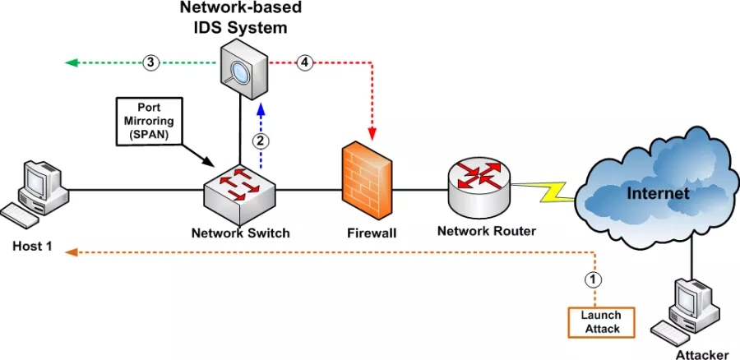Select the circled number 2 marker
coord(260,140)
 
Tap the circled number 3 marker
coord(150,62)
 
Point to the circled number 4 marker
coord(305,62)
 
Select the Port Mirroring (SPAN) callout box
coord(149,122)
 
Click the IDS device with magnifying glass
coord(243,70)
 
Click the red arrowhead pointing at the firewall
coord(373,133)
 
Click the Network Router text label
coord(488,231)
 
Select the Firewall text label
coord(372,233)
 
